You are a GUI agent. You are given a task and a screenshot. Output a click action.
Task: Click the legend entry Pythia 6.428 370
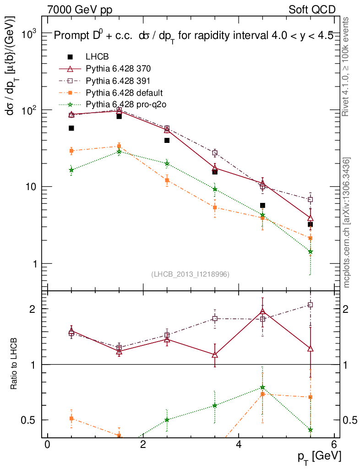point(118,69)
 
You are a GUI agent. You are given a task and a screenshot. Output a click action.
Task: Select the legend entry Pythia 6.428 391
point(118,81)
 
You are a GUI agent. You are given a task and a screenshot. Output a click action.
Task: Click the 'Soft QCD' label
point(312,9)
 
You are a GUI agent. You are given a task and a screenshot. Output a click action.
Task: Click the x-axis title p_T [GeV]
point(319,457)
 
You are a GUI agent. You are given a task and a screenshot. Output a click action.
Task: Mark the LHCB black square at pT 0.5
point(71,128)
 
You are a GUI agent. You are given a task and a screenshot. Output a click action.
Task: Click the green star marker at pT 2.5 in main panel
point(167,164)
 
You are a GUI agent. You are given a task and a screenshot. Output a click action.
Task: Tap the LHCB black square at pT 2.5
point(167,140)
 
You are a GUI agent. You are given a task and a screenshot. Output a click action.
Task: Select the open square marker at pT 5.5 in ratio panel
point(311,305)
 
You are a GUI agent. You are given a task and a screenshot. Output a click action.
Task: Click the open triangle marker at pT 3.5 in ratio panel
point(215,354)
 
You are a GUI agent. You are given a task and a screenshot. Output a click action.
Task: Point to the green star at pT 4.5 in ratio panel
point(262,387)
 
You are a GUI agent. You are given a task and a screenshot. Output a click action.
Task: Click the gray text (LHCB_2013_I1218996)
point(190,274)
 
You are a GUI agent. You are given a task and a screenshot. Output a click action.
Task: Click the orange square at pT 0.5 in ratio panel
point(71,418)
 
